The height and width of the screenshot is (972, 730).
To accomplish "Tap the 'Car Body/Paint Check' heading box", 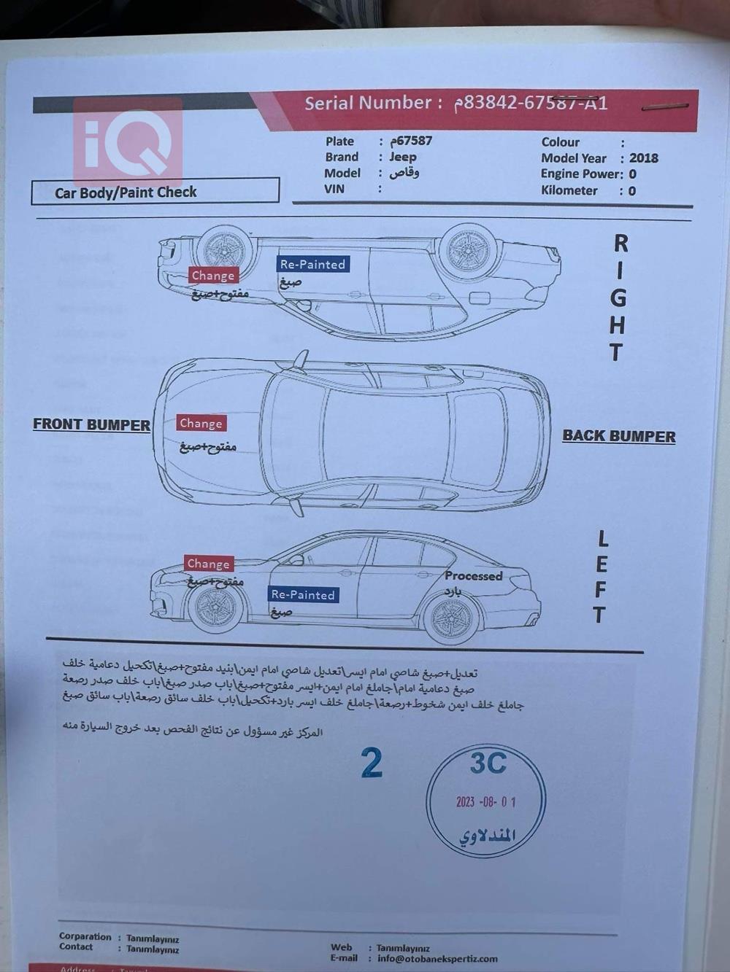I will [155, 192].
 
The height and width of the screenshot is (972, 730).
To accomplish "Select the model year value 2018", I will [643, 158].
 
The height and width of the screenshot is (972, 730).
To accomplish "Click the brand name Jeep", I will [402, 157].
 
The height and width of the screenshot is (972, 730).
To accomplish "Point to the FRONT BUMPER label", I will [91, 424].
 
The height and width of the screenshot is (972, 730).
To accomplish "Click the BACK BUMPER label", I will [618, 436].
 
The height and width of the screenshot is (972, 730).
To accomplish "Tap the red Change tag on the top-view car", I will [201, 424].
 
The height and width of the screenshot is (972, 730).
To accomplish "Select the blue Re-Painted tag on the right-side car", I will [312, 264].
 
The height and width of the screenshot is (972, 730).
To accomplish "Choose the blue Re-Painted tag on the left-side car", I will [303, 595].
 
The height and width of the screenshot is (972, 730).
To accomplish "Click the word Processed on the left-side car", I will [473, 576].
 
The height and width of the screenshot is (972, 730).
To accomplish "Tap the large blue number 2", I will [372, 763].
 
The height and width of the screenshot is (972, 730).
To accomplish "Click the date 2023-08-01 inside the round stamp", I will [485, 802].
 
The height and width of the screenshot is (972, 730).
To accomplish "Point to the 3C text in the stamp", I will [488, 763].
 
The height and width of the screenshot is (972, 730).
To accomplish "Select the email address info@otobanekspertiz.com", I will [437, 959].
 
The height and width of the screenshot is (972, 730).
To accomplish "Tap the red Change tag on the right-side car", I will [213, 276].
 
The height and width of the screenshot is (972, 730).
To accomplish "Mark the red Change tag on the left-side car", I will [208, 564].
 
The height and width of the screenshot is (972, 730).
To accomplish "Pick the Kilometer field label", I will [569, 191].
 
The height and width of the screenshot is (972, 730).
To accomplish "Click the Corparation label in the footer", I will [85, 936].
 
